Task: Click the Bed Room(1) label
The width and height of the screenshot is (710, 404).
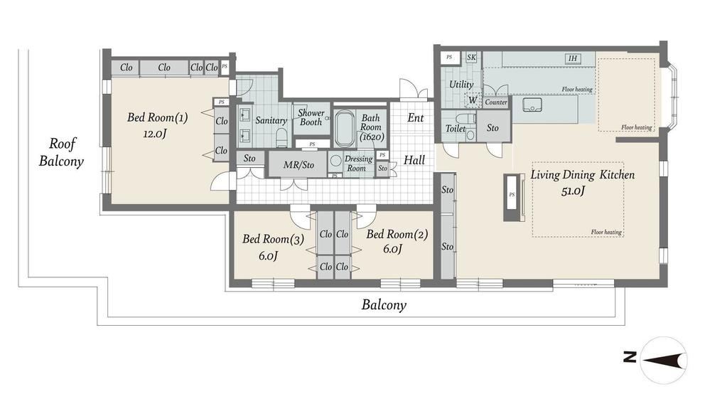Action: pos(157,118)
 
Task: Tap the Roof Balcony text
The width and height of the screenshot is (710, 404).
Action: pos(61,153)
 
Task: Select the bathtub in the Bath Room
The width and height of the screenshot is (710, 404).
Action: pos(345,129)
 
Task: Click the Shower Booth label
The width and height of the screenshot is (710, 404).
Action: pos(311,117)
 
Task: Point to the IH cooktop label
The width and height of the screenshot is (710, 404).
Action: pos(573,58)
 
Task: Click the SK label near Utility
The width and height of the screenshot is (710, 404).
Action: pos(471,58)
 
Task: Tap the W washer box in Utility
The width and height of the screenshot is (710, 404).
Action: pos(473,100)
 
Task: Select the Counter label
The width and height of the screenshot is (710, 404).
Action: pos(496,102)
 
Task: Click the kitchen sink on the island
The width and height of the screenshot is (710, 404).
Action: pos(532,105)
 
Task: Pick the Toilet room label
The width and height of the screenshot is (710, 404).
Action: pos(456,129)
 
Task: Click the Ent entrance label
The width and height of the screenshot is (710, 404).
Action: pos(415,118)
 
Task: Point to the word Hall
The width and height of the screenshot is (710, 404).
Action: pos(414,160)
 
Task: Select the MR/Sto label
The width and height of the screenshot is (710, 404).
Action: pos(298,165)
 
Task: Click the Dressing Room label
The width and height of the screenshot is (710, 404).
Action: pos(358,164)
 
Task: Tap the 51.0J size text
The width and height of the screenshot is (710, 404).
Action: pos(573,191)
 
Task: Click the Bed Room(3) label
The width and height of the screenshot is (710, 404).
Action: pos(273,239)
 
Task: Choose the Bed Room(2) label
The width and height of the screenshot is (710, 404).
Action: pos(397,235)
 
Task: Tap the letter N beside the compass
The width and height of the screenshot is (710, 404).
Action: pos(630,357)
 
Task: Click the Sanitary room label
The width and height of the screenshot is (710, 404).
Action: pos(271,120)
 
